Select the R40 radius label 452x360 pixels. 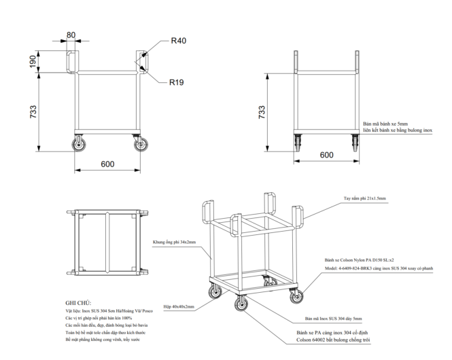pyautogui.click(x=179, y=41)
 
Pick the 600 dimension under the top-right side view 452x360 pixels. pyautogui.click(x=326, y=155)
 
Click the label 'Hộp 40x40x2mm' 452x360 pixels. pyautogui.click(x=173, y=307)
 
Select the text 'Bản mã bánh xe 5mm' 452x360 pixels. pyautogui.click(x=385, y=124)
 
